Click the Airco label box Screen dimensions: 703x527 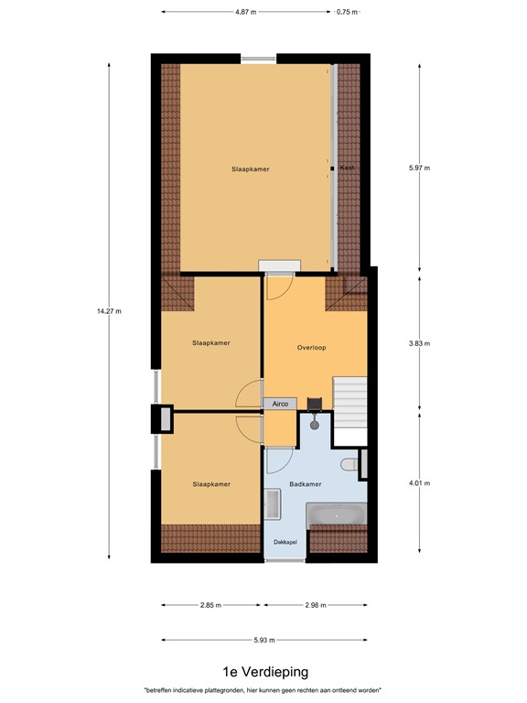click(280, 403)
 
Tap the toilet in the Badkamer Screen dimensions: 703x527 click(350, 466)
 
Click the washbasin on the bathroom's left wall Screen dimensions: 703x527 click(273, 504)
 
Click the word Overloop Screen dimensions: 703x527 click(312, 348)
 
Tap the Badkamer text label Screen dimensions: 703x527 click(304, 484)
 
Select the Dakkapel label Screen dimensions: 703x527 click(285, 542)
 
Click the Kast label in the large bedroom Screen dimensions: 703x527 click(346, 168)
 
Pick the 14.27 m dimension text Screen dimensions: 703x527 click(109, 311)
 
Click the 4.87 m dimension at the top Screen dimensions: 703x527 click(245, 12)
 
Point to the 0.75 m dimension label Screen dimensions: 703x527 click(347, 12)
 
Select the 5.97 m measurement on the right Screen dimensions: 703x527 click(419, 168)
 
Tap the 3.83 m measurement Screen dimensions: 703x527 click(419, 344)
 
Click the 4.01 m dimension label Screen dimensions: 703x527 click(419, 483)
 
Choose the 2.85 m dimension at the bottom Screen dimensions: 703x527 click(211, 605)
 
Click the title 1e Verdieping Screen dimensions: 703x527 click(263, 672)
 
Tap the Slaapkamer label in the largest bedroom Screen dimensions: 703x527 click(250, 169)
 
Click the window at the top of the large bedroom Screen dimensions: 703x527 click(259, 59)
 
